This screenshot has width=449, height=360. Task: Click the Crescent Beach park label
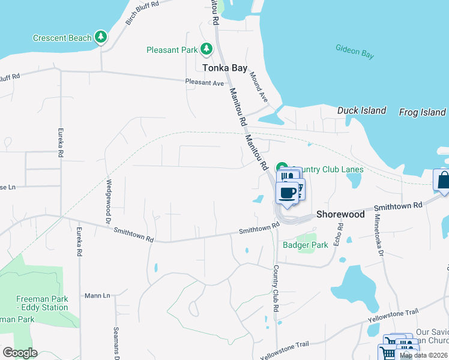pos(62,38)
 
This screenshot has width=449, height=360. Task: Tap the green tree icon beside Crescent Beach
pos(101,38)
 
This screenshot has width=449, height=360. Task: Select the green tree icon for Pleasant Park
pos(206,49)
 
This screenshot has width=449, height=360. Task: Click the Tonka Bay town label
pos(224,68)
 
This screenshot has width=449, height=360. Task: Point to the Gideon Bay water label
pos(355,52)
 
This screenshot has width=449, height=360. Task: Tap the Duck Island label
pos(361,110)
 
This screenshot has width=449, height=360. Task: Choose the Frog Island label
pos(423,112)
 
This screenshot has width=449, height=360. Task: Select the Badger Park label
pos(306,245)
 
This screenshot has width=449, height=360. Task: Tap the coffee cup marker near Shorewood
pos(288,193)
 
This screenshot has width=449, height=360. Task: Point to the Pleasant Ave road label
pos(204,82)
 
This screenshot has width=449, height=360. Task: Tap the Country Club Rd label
pos(277,288)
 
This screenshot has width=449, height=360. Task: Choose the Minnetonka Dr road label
pos(379,235)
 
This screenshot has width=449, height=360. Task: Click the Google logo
pos(20,353)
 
